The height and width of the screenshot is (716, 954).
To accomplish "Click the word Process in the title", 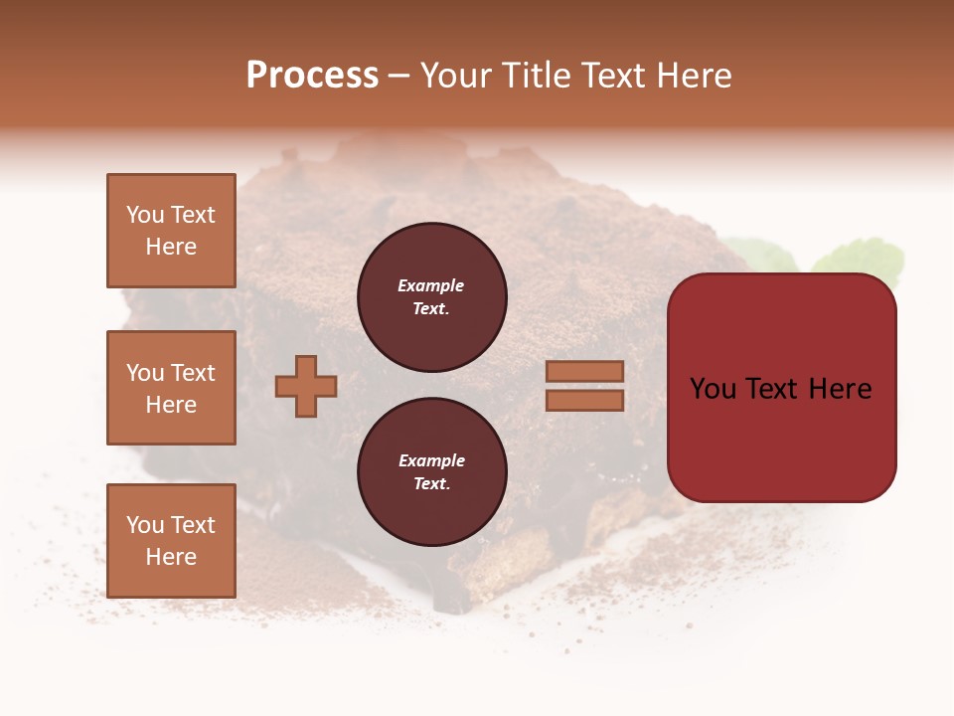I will point(312,76).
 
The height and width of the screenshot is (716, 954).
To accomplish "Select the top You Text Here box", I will point(171,231).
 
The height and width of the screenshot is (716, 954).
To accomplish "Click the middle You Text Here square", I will point(171,388).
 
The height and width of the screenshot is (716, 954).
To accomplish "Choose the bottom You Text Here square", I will point(171,541).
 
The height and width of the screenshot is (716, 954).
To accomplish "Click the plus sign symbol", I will point(306,386).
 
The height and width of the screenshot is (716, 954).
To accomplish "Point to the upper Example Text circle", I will point(431,297).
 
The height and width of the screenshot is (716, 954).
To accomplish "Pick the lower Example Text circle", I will point(431,472).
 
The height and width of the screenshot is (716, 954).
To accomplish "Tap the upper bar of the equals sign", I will point(584,371).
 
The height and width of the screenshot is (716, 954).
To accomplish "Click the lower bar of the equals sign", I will point(584,400).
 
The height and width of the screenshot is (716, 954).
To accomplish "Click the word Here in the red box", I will point(840,389).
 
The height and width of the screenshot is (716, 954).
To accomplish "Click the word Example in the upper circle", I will point(430,285).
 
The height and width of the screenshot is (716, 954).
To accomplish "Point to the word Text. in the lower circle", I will point(431,484).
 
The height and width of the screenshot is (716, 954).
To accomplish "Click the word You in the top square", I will point(145,215).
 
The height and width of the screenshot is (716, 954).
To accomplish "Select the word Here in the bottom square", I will point(171,557).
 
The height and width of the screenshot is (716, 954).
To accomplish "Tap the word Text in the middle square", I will point(192,373).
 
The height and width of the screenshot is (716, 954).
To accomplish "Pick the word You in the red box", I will point(713,389).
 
